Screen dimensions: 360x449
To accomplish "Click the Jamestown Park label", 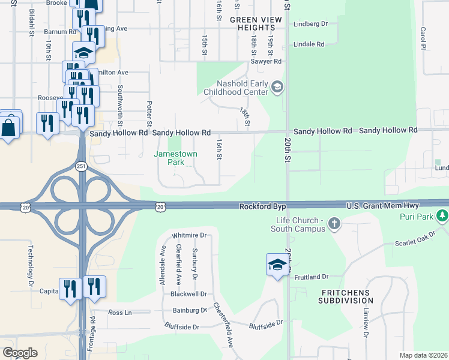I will point(175,158).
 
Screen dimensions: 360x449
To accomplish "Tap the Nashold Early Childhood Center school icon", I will point(277,88).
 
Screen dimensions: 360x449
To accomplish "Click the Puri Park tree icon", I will point(442,215).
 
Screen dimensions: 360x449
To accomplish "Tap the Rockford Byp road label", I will point(262,206).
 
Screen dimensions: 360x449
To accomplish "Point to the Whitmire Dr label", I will point(188,235).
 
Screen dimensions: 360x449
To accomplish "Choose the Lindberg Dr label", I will point(311,25).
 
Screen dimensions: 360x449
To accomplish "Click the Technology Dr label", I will point(29,265).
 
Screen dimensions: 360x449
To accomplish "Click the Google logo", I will point(20,353).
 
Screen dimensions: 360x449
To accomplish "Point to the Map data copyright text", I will point(423,355).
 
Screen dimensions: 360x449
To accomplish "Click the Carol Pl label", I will point(423,38).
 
